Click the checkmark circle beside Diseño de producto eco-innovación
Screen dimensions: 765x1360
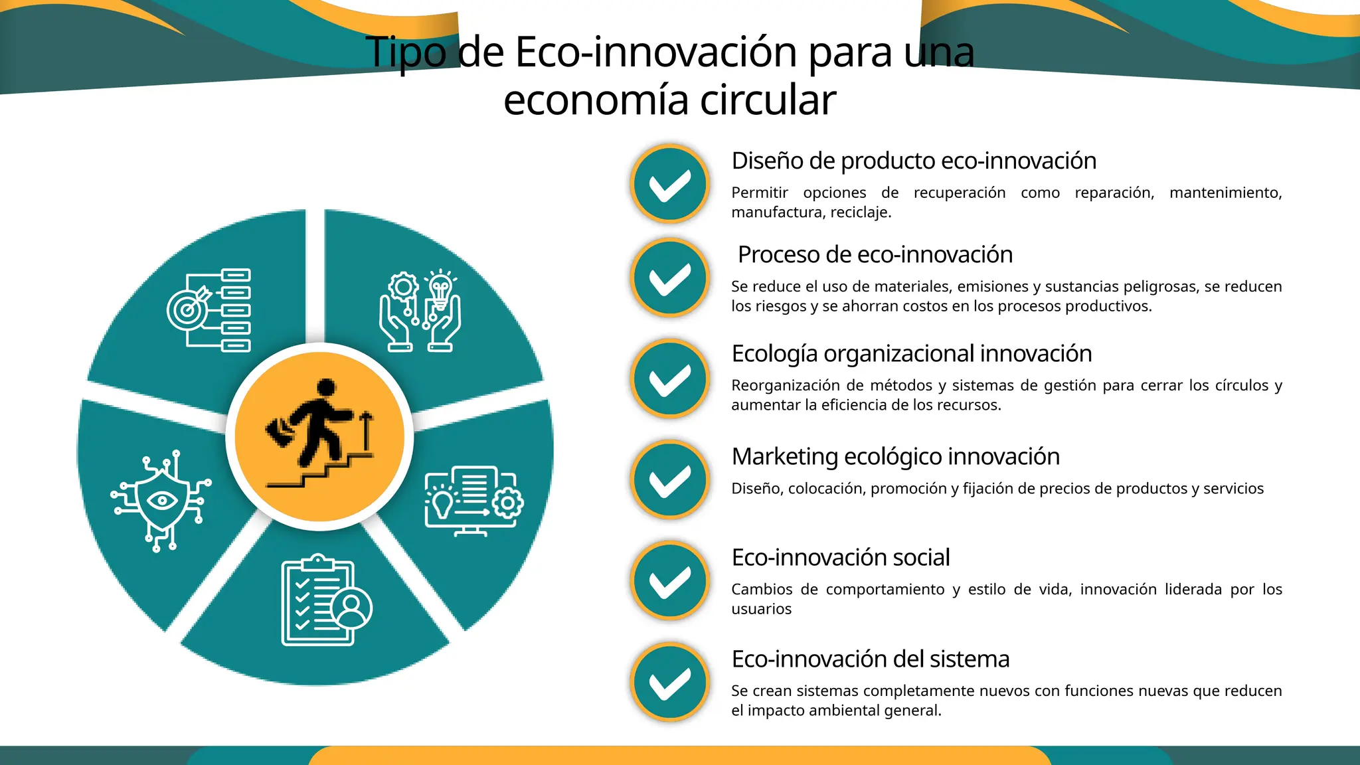click(x=670, y=184)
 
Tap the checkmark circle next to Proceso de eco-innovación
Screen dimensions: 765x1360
click(x=670, y=278)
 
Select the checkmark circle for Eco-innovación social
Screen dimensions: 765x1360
click(x=670, y=580)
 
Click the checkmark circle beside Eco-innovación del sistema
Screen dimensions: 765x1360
click(x=670, y=682)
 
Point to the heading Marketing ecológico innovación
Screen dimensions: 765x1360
click(x=895, y=457)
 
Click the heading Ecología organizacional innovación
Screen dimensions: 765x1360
click(x=911, y=354)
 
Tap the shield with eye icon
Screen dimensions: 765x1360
click(x=161, y=501)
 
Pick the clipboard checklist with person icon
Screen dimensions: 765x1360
click(x=325, y=600)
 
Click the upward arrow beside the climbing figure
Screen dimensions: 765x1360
click(x=365, y=430)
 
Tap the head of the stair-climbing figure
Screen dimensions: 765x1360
click(x=326, y=388)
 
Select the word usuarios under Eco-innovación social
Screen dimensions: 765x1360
click(x=761, y=609)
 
